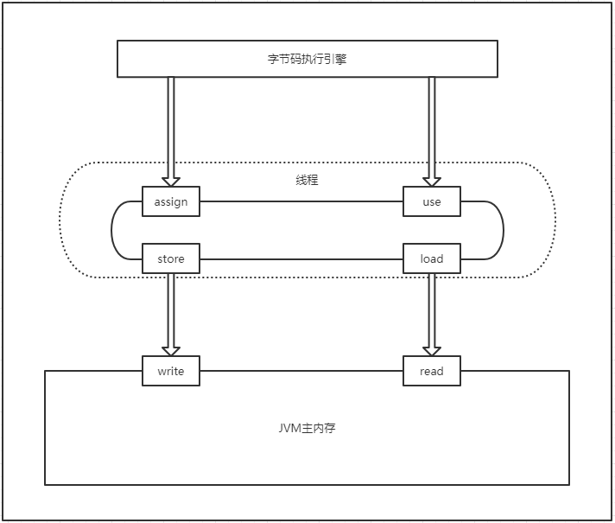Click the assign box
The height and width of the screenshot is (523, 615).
pos(171,202)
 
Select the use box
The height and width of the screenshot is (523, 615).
pos(432,202)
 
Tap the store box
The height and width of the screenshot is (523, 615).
pos(171,258)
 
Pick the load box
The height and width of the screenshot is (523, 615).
pos(432,258)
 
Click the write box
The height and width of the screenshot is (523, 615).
pos(171,371)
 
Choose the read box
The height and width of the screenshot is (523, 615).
pos(432,371)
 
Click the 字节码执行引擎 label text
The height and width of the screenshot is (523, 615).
pos(307,60)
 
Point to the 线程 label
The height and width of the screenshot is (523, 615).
pos(307,181)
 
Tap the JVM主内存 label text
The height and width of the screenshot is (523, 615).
pos(307,428)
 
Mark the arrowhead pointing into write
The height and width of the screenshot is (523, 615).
pos(171,350)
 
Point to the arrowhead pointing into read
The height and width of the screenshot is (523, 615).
pos(432,350)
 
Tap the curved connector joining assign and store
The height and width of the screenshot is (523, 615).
pos(113,230)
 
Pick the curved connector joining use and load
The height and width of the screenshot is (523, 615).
pos(503,230)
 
